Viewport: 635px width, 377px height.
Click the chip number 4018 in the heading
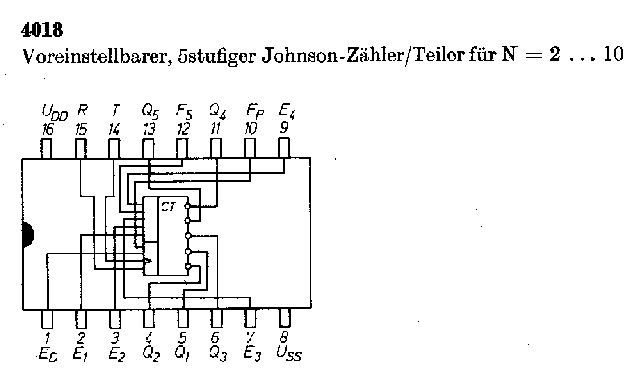tap(42, 30)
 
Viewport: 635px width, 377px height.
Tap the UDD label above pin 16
tap(54, 112)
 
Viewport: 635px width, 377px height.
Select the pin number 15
tap(81, 130)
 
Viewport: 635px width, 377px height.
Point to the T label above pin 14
tap(115, 110)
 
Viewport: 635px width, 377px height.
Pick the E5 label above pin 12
tap(183, 112)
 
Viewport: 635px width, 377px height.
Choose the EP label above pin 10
tap(255, 112)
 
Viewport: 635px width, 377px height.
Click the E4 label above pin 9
tap(287, 111)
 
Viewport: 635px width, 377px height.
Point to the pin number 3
tap(115, 337)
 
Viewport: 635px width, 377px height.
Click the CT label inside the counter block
tap(168, 207)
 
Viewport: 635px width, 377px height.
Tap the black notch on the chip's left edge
tap(27, 235)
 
